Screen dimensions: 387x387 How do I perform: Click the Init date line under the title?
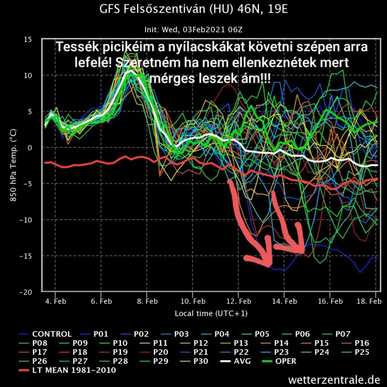tap(193, 30)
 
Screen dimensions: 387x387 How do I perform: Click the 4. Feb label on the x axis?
tap(55, 301)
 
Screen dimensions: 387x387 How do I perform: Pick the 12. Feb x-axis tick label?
tap(238, 301)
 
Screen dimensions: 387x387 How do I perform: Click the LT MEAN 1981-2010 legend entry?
tap(74, 370)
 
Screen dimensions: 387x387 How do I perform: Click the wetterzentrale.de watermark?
tap(334, 379)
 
